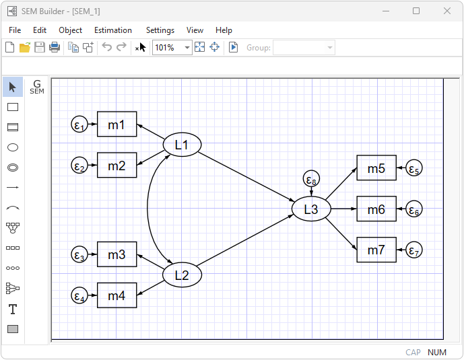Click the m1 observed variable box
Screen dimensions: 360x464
[117, 124]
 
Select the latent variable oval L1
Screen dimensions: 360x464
[183, 145]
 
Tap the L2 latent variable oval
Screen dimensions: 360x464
[183, 275]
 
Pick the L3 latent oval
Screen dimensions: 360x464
[310, 209]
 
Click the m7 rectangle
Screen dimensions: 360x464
[376, 250]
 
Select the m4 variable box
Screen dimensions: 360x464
[117, 295]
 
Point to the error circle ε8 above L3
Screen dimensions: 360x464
[310, 180]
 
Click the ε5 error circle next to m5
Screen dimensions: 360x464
[414, 169]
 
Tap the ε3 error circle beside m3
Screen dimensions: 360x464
[79, 255]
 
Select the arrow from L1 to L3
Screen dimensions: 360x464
[246, 176]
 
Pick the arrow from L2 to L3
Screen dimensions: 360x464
[246, 243]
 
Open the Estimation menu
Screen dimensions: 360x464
[113, 30]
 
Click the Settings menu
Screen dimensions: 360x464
[160, 30]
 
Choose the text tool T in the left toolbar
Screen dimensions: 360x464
[12, 309]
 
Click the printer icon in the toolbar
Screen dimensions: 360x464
[55, 47]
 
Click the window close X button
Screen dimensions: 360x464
[447, 11]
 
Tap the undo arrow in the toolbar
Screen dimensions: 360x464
[106, 47]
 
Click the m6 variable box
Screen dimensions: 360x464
[376, 210]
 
